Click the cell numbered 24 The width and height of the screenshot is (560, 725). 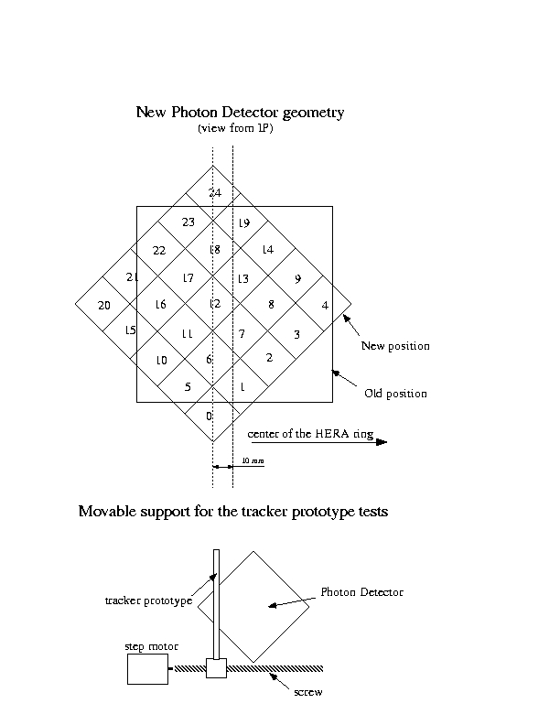pos(214,193)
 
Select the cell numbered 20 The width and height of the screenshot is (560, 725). pos(103,305)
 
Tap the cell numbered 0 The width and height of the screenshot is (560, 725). pos(210,416)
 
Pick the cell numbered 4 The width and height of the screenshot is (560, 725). pos(325,305)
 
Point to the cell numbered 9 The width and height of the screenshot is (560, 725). pos(297,278)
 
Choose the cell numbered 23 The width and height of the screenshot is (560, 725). pos(188,222)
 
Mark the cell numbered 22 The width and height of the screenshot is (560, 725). pos(159,250)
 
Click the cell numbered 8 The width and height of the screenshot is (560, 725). pos(270,305)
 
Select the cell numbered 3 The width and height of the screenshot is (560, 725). pos(296,334)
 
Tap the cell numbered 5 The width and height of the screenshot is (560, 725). pos(188,387)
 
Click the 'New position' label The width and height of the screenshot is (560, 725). pos(395,346)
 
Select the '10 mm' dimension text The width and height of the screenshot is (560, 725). pos(252,461)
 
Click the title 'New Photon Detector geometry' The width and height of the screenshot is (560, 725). pos(240,113)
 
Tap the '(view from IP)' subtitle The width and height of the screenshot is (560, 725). pos(235,129)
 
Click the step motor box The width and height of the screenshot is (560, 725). pos(146,671)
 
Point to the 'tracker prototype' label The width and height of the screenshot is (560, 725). pos(148,601)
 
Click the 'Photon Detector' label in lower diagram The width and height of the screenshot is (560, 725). pos(362,592)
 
